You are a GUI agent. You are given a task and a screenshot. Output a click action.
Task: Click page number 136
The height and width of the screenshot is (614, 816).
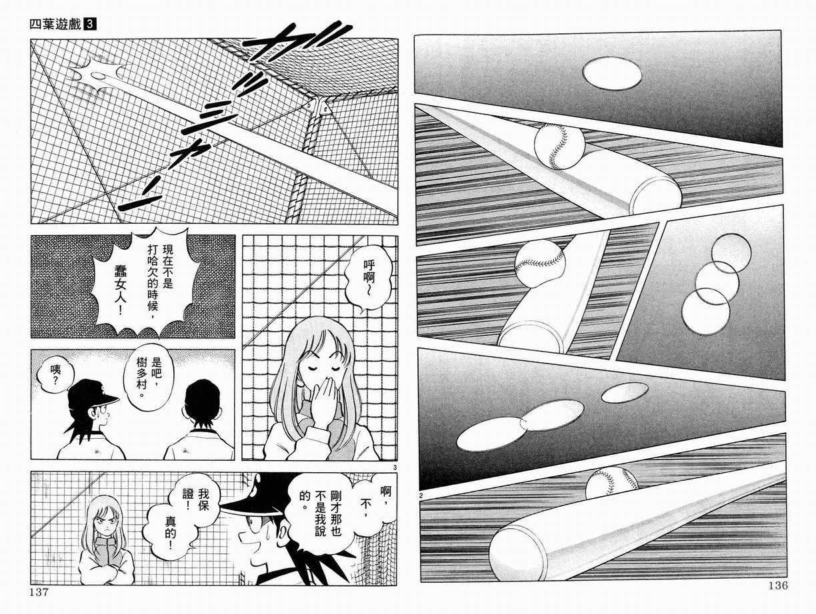tap(776, 586)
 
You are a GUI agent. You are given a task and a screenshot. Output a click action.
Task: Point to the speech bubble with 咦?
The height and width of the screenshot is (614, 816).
tap(49, 379)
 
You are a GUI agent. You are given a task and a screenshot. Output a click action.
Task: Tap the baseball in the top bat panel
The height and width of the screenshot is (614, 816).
tap(559, 146)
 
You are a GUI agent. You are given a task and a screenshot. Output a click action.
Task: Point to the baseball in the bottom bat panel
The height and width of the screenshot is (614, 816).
tap(611, 483)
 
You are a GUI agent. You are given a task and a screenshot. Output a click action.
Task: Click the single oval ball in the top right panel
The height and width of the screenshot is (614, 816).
tap(612, 73)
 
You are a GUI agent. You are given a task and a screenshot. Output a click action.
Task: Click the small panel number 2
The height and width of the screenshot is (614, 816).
tap(422, 494)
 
